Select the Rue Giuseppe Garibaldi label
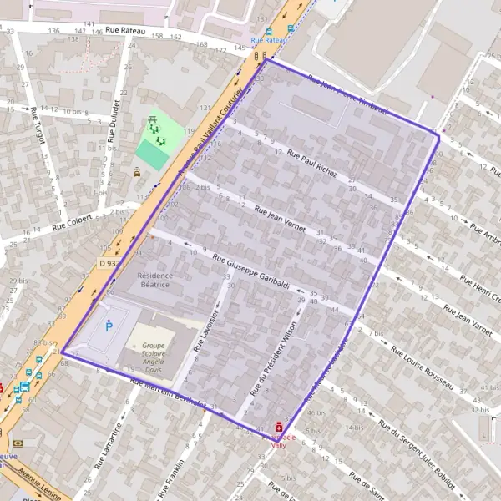(x=250, y=271)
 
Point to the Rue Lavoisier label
(x=210, y=326)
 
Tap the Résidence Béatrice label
(x=154, y=280)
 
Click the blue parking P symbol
(x=108, y=326)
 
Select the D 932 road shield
(x=107, y=263)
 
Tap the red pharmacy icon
(x=279, y=426)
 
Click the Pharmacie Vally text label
(x=278, y=441)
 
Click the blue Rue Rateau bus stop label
(x=270, y=39)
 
